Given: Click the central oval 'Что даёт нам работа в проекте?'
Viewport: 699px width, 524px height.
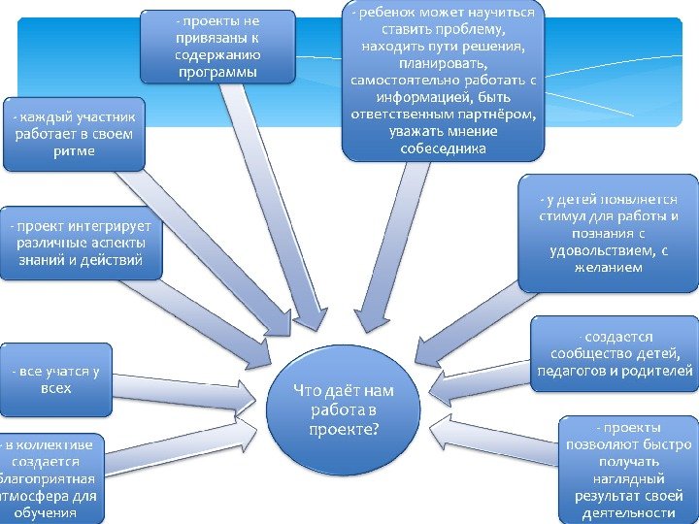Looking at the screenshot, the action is coord(344,408).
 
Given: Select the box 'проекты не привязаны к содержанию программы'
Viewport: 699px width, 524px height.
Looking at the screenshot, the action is coord(217,47).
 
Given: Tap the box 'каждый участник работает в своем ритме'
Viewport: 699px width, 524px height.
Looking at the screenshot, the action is coord(74,133).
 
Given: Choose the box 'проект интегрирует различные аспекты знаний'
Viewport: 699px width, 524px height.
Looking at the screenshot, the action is coord(80,242).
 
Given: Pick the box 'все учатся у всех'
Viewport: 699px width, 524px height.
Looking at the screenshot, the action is coord(56,379).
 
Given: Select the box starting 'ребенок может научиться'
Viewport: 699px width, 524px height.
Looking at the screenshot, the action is coord(443,81).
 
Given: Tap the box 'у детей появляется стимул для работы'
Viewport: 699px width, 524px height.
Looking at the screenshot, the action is coord(608,233).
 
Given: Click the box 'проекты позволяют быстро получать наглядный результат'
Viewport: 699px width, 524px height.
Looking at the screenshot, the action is coord(628,471).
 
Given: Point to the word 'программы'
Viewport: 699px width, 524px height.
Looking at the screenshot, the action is coord(217,72).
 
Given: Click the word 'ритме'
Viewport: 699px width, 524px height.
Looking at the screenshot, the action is coord(74,150).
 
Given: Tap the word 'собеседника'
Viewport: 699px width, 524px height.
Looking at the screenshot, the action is coord(443,148).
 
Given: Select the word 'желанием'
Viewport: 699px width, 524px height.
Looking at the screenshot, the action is coord(608,268).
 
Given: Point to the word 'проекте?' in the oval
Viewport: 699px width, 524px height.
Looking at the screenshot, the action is coord(344,427).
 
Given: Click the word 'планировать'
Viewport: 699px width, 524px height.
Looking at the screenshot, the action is coord(443,63).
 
